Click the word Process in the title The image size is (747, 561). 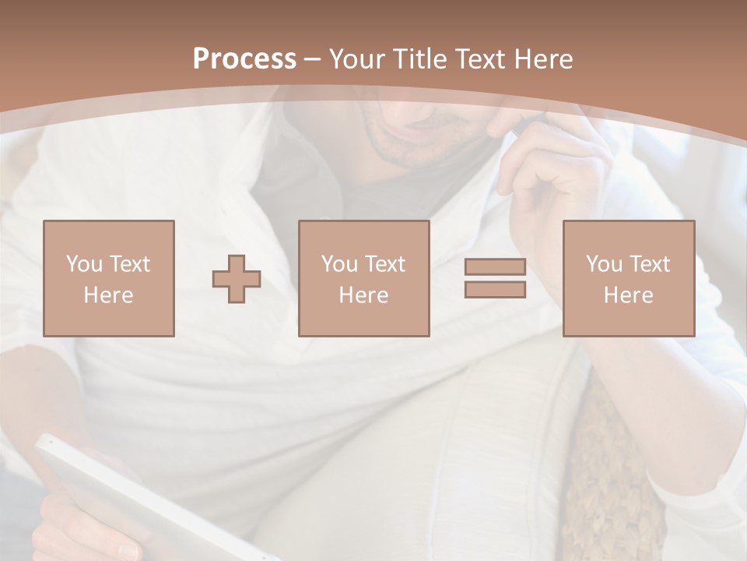click(x=244, y=59)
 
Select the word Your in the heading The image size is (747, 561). click(x=357, y=59)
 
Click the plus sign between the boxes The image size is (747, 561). click(x=237, y=279)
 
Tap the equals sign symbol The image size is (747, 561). click(x=495, y=278)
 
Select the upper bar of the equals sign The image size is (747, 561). click(x=495, y=267)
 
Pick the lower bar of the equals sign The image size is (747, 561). click(x=495, y=289)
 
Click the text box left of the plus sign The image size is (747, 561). click(x=109, y=278)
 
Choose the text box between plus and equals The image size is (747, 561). click(x=364, y=278)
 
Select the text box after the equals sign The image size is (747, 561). click(x=629, y=278)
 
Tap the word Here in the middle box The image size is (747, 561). click(x=364, y=295)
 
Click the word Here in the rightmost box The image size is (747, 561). click(x=629, y=295)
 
